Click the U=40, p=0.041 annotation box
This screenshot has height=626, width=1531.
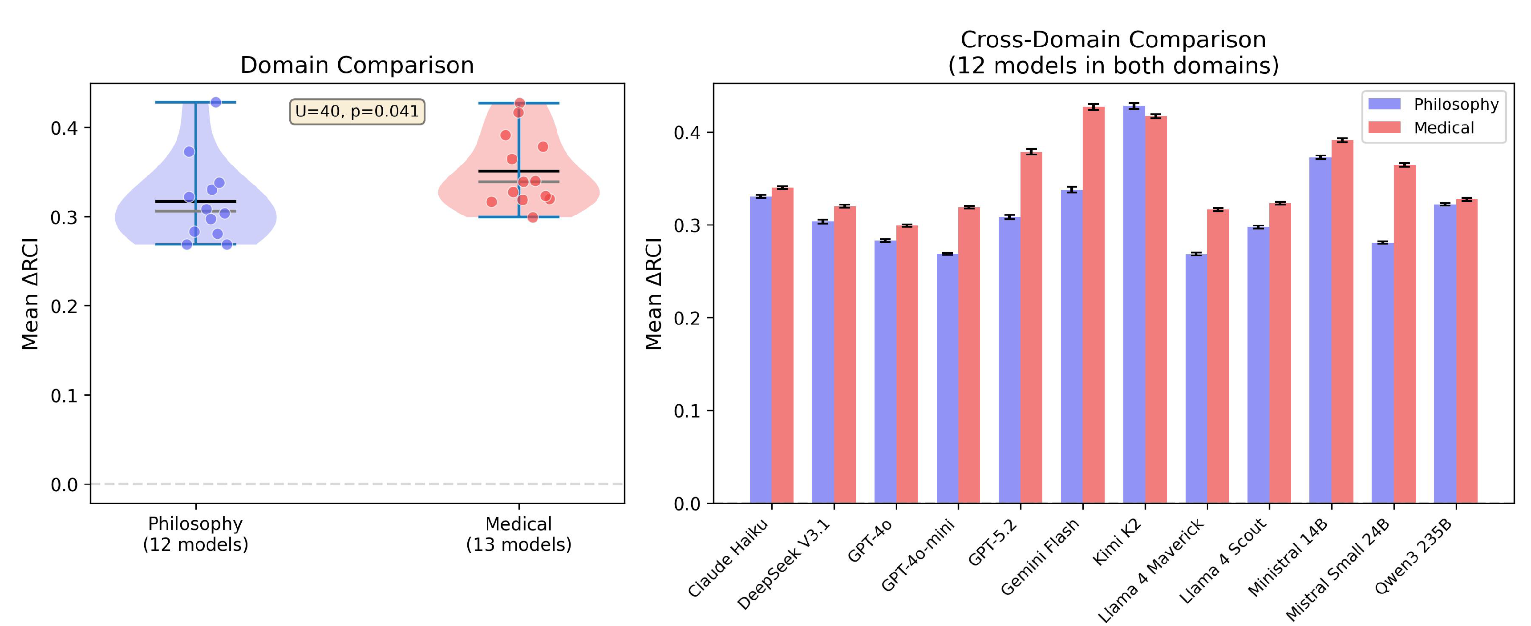click(x=357, y=112)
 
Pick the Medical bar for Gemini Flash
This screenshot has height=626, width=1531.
click(x=1094, y=305)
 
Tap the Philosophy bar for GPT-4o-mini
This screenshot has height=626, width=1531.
click(x=948, y=378)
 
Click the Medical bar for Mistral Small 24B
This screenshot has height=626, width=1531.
click(x=1405, y=334)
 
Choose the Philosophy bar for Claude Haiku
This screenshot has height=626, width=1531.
click(x=761, y=350)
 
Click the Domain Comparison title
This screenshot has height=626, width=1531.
click(x=357, y=65)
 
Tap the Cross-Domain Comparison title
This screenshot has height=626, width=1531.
click(x=1113, y=52)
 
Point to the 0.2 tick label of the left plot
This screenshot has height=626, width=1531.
click(x=64, y=306)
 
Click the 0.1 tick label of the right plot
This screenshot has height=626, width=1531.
click(x=688, y=411)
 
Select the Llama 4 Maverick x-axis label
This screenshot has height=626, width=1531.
click(x=1150, y=570)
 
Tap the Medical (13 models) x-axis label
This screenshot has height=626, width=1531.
click(x=519, y=534)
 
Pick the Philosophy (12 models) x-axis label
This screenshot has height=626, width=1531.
click(x=195, y=534)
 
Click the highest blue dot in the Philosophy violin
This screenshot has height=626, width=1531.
click(x=216, y=102)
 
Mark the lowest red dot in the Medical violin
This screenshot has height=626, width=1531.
click(x=533, y=217)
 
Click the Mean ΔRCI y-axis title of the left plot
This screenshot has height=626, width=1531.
click(x=30, y=294)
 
